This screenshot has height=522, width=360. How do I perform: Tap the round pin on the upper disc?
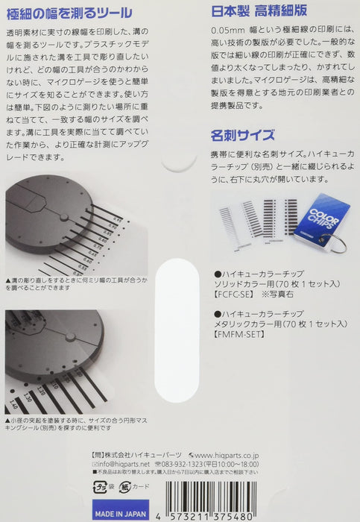click(63, 217)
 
